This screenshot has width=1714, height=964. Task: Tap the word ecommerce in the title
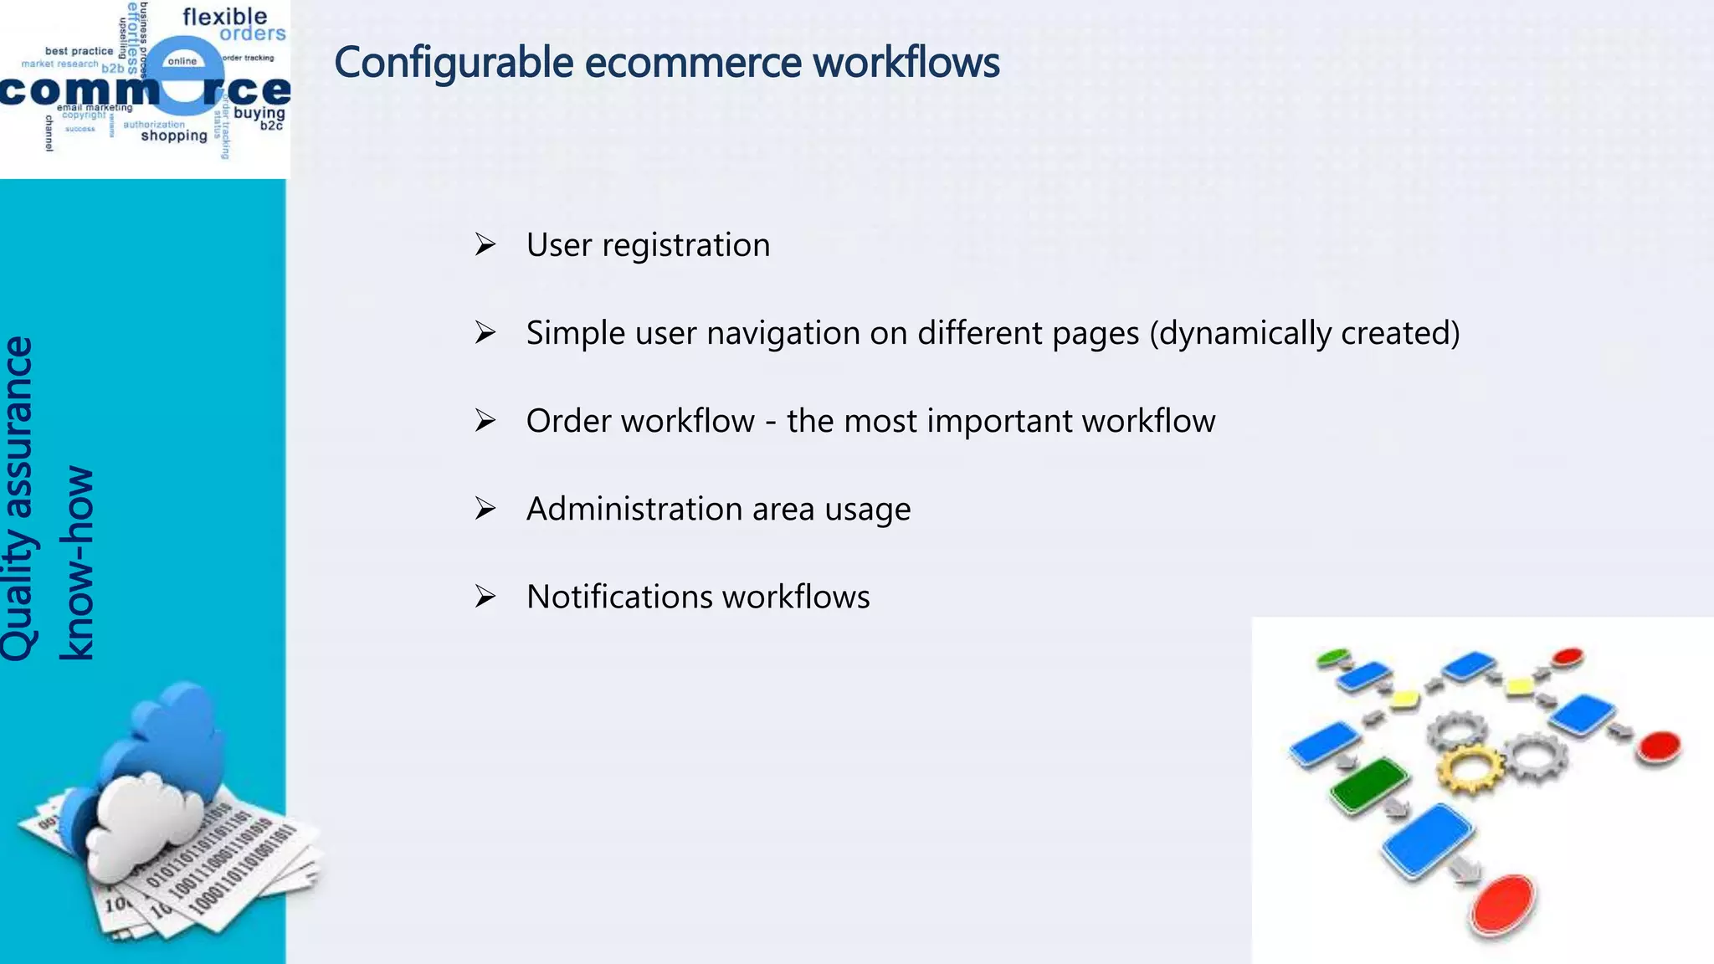point(693,63)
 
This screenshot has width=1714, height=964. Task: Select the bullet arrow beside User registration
point(485,244)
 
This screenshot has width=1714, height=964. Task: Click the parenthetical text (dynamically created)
point(1304,333)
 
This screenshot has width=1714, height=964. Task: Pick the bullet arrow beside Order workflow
point(485,420)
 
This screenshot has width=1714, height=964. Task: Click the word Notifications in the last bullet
point(619,597)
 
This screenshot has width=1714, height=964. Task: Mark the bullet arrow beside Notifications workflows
point(485,597)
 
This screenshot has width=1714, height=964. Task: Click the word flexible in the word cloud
point(224,17)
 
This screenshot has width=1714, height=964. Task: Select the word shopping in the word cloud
point(173,136)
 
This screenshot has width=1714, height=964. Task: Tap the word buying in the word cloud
point(259,113)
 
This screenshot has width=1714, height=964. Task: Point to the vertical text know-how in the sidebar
point(77,562)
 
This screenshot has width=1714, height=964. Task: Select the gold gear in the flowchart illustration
point(1469,768)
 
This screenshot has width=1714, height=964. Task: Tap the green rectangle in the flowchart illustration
point(1369,784)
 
